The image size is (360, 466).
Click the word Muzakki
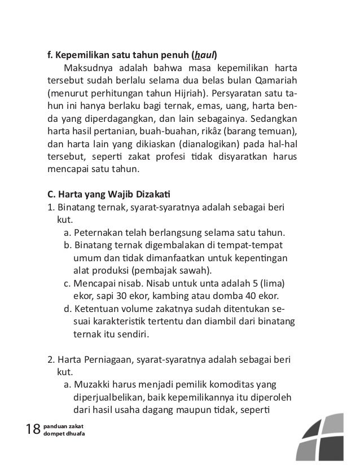coord(93,385)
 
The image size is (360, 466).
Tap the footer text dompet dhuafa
coord(64,435)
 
